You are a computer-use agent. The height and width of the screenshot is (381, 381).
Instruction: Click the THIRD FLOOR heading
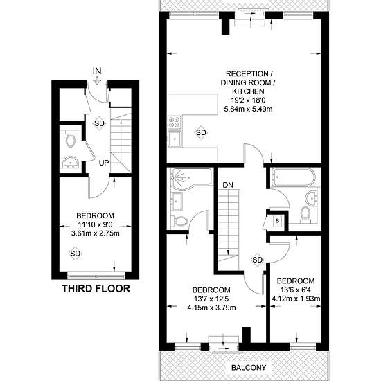(x=96, y=288)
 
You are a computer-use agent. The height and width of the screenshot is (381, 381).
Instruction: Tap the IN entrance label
(x=97, y=71)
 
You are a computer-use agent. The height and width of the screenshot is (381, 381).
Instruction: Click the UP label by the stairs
(x=104, y=163)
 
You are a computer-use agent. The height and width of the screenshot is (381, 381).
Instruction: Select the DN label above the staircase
(x=228, y=185)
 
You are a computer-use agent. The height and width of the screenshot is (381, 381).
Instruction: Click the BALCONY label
(x=249, y=368)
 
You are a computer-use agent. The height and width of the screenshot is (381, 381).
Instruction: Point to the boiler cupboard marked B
(x=277, y=221)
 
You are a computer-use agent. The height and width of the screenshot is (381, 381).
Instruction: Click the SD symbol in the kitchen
(x=201, y=133)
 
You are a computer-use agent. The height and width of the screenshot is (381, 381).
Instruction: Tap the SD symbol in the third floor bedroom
(x=75, y=254)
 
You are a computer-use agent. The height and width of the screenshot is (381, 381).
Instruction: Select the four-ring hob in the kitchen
(x=175, y=123)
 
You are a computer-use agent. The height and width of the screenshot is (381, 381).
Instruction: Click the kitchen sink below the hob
(x=175, y=139)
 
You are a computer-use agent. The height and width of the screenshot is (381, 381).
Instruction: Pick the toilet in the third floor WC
(x=71, y=138)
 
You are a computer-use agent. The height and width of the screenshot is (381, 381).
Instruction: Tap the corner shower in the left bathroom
(x=184, y=179)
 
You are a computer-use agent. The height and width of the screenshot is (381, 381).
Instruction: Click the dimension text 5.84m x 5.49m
(x=248, y=109)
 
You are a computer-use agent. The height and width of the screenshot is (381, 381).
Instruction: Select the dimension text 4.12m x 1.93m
(x=296, y=299)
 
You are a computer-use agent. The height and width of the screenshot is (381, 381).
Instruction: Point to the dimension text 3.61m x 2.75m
(x=96, y=233)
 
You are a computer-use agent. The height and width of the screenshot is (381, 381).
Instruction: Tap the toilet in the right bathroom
(x=305, y=215)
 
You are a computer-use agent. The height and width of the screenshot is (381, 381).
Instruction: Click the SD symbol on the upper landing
(x=257, y=260)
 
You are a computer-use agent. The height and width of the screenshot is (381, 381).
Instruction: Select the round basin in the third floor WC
(x=70, y=162)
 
